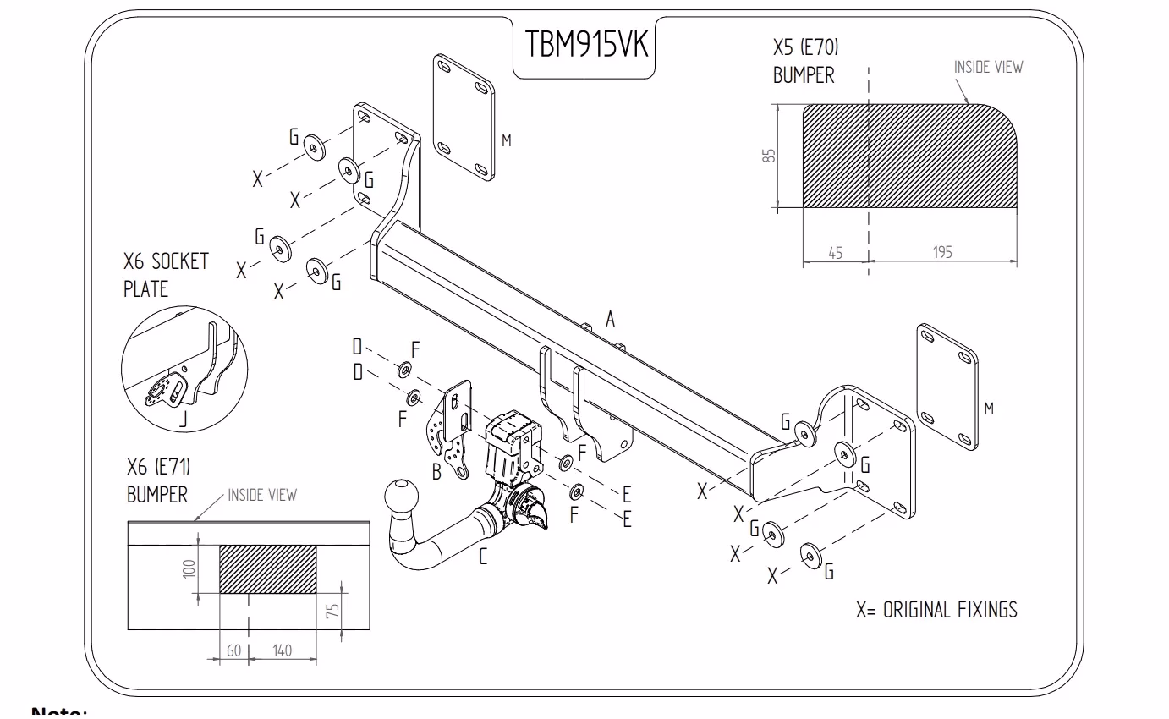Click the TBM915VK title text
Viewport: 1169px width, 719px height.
(x=584, y=45)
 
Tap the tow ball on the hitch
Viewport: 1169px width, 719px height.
(x=400, y=497)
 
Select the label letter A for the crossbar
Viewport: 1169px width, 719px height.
(x=610, y=318)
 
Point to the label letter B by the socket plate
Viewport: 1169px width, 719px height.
(x=436, y=472)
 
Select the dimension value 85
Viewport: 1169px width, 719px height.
(x=768, y=156)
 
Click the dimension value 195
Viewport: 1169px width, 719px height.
(x=942, y=252)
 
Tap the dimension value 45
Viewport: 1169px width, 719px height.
(x=835, y=252)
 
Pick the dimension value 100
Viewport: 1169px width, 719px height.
(x=189, y=567)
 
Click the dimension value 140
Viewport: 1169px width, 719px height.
(x=282, y=650)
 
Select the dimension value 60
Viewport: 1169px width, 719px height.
(x=233, y=650)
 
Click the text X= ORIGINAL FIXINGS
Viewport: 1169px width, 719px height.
(x=936, y=609)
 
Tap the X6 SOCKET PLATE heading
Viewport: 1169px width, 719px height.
(x=165, y=274)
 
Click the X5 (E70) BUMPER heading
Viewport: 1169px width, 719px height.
(x=804, y=60)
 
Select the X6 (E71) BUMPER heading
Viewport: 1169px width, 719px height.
(x=158, y=480)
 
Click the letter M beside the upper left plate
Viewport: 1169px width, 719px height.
(x=506, y=140)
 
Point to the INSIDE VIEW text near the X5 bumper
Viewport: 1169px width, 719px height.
(x=988, y=67)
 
